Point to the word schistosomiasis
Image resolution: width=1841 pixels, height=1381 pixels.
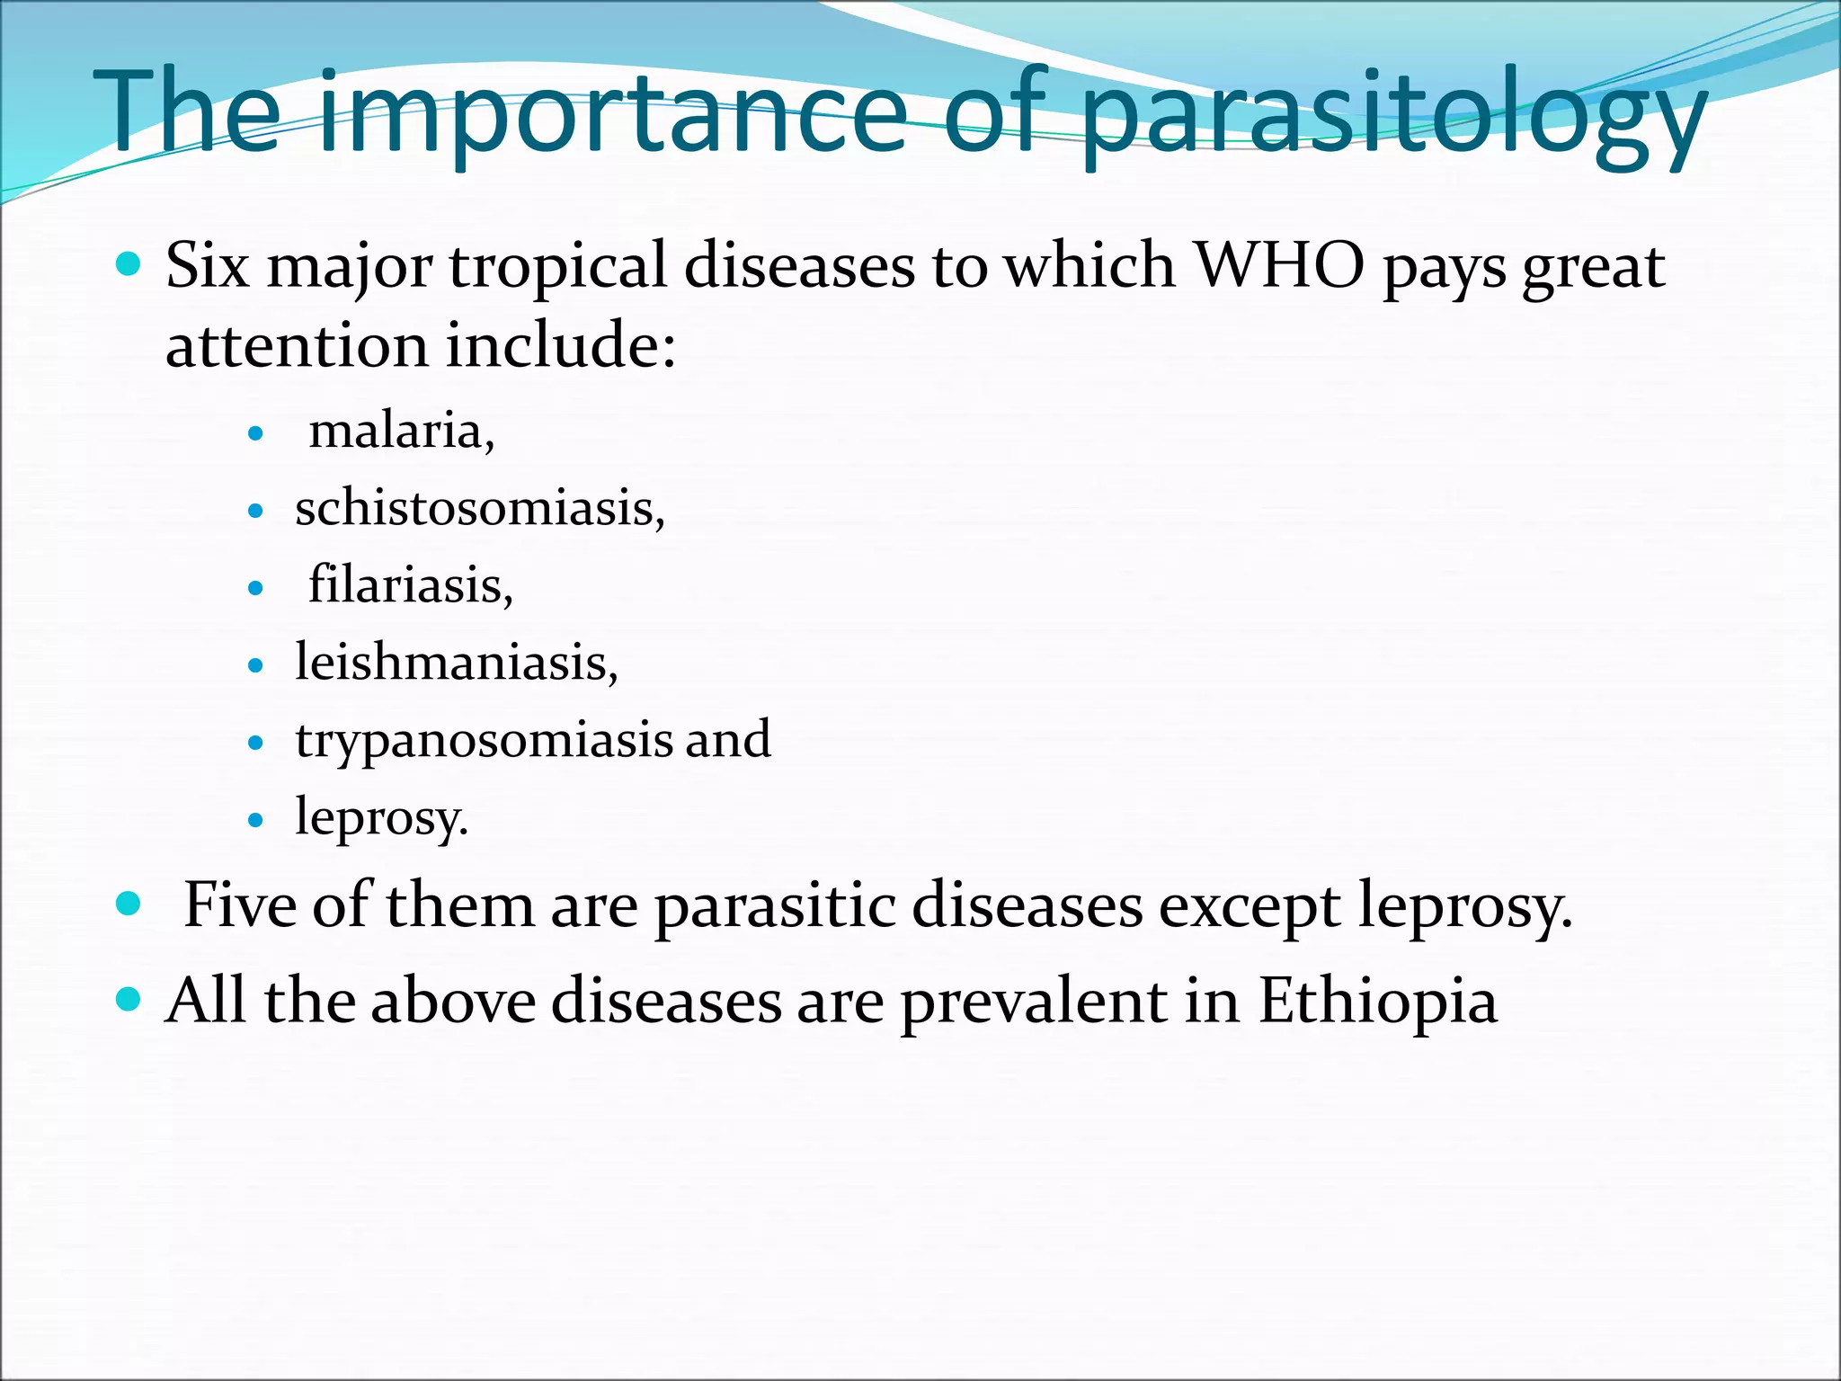pyautogui.click(x=476, y=509)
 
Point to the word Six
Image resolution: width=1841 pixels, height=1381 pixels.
pyautogui.click(x=208, y=266)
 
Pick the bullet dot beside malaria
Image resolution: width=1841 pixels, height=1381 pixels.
pyautogui.click(x=256, y=434)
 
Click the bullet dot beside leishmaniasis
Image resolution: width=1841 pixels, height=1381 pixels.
pyautogui.click(x=256, y=666)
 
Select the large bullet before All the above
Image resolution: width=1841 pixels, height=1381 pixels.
pyautogui.click(x=129, y=1000)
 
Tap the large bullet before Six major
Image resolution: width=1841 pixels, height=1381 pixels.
pyautogui.click(x=129, y=264)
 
